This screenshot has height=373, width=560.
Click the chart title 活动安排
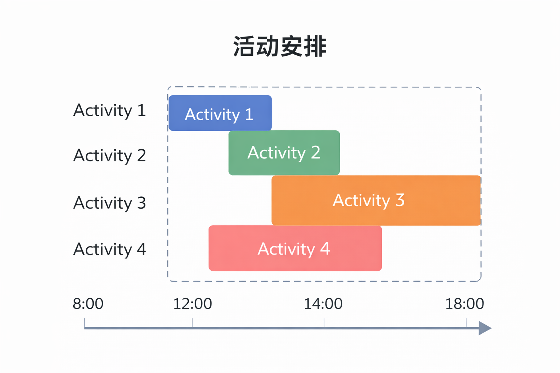[280, 47]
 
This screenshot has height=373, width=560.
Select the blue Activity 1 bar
[220, 113]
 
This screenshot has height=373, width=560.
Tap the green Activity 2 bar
[284, 153]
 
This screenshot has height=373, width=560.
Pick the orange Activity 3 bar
[376, 200]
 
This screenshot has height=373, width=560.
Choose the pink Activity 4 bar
[295, 248]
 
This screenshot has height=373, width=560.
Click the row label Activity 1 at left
[109, 110]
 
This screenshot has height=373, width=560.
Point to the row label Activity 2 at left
[109, 156]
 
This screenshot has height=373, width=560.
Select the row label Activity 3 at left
[109, 203]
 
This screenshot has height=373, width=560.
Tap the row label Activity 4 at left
[109, 250]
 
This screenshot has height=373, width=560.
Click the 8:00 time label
[88, 304]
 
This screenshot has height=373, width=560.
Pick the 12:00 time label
[192, 304]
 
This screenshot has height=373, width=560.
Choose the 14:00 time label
[323, 304]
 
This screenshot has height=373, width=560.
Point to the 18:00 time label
[464, 304]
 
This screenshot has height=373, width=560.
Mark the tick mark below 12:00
[192, 322]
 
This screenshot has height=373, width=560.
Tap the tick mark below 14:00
[324, 322]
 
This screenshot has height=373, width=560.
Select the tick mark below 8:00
[85, 322]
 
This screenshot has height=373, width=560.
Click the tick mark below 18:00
[466, 322]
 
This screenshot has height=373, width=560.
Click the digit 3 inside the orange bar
[400, 200]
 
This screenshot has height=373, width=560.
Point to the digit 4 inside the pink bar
[325, 248]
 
